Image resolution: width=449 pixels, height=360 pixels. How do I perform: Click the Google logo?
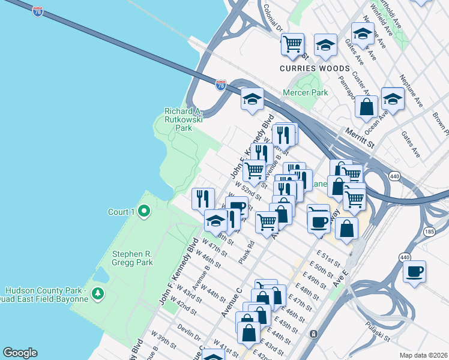(x=20, y=352)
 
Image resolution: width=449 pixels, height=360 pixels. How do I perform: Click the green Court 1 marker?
(x=144, y=211)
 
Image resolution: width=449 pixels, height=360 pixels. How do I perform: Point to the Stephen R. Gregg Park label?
(x=132, y=257)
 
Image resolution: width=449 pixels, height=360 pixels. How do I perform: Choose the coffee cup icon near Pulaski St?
(x=414, y=272)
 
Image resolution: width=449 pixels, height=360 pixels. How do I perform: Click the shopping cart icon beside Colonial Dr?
(x=292, y=43)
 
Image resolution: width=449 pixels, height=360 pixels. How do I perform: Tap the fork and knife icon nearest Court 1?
(x=203, y=198)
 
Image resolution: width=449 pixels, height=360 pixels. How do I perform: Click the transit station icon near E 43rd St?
(x=313, y=334)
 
